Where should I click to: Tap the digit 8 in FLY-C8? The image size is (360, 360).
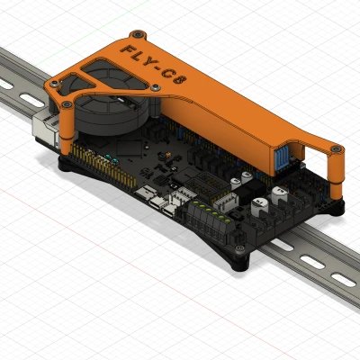(x=179, y=79)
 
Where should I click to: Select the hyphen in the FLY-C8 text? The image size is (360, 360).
(x=157, y=67)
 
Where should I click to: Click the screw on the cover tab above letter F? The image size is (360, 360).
(x=138, y=34)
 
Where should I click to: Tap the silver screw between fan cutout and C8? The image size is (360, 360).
(x=155, y=87)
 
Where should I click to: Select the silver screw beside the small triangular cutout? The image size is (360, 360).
(x=54, y=85)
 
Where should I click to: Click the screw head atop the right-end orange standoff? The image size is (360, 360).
(x=336, y=148)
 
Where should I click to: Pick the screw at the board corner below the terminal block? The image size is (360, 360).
(x=239, y=248)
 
